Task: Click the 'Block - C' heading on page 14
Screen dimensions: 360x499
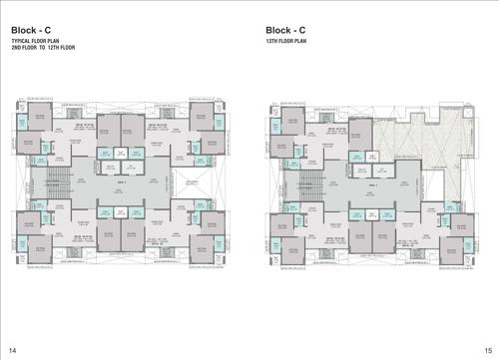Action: [33, 30]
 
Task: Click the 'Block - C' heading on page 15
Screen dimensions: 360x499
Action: [288, 30]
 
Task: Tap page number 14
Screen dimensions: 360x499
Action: [12, 348]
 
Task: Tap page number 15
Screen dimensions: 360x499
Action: [486, 348]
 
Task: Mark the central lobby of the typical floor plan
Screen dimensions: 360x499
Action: [125, 183]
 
